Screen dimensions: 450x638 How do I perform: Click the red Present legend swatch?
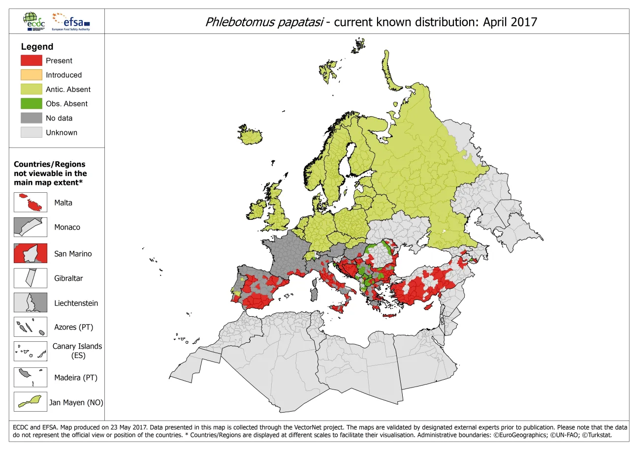click(31, 60)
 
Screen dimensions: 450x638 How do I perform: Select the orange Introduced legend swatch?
click(31, 75)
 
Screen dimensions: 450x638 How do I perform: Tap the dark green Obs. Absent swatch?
click(31, 103)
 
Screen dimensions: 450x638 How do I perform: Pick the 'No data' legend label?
click(59, 118)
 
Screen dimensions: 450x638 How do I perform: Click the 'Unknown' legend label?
click(62, 132)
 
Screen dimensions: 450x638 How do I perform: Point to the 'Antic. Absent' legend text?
click(68, 90)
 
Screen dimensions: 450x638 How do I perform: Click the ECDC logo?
click(34, 21)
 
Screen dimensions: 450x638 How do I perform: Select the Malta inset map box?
click(31, 202)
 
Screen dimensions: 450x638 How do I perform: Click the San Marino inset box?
click(31, 253)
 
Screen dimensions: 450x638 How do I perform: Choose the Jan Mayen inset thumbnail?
click(31, 402)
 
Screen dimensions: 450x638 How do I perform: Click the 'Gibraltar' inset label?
click(68, 278)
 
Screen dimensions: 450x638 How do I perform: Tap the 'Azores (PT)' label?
click(73, 327)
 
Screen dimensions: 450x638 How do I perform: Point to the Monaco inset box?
click(31, 227)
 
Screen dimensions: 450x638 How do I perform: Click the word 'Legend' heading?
click(37, 47)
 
